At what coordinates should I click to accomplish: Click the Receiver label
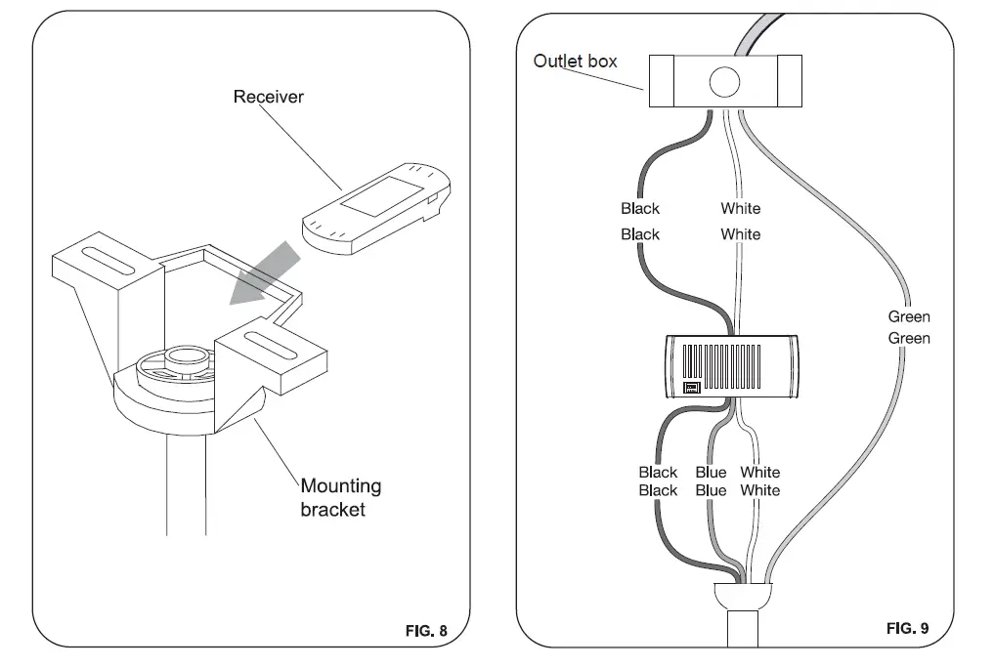pyautogui.click(x=268, y=97)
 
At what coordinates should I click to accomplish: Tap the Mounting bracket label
pyautogui.click(x=340, y=498)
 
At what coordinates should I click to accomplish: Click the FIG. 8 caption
pyautogui.click(x=426, y=631)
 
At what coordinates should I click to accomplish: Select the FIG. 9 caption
pyautogui.click(x=907, y=628)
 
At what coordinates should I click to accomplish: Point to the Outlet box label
pyautogui.click(x=575, y=61)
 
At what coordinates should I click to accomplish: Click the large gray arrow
pyautogui.click(x=264, y=272)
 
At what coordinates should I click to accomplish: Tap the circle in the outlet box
pyautogui.click(x=724, y=82)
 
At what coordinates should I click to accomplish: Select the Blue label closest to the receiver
pyautogui.click(x=711, y=473)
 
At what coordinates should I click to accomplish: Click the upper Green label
pyautogui.click(x=908, y=316)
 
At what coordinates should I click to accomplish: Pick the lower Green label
pyautogui.click(x=908, y=338)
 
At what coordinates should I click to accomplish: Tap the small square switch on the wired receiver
pyautogui.click(x=692, y=388)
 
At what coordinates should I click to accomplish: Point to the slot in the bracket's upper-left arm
pyautogui.click(x=108, y=261)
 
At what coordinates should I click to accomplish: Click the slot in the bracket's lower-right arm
pyautogui.click(x=272, y=347)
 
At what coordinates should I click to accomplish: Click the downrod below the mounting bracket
pyautogui.click(x=187, y=484)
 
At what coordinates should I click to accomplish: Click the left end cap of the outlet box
pyautogui.click(x=661, y=81)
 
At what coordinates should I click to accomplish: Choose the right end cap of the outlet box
pyautogui.click(x=790, y=81)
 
